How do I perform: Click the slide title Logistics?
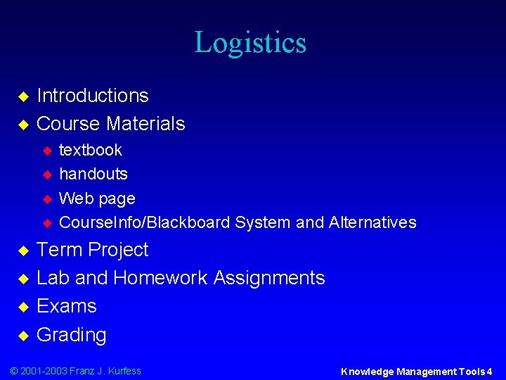tap(250, 42)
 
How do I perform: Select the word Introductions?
tap(92, 96)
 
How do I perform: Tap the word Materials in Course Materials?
tap(145, 124)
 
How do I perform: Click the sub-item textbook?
tap(91, 150)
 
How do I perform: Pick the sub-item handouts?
tap(93, 174)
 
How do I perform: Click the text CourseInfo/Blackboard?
tap(145, 223)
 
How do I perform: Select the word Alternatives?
tap(372, 223)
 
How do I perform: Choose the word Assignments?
tap(269, 278)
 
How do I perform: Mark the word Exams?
tap(67, 306)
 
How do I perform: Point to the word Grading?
tap(71, 335)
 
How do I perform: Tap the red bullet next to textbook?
tap(48, 151)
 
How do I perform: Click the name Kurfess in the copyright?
tap(124, 371)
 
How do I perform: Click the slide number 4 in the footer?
tap(489, 372)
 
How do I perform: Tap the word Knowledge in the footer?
tap(367, 372)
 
